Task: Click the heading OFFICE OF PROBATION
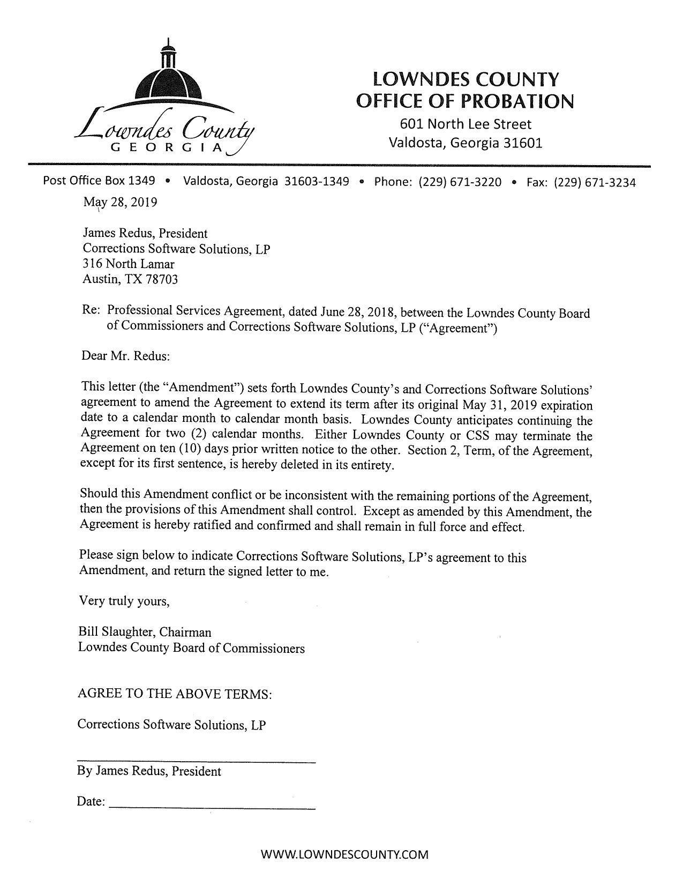(x=465, y=101)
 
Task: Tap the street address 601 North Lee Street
(x=465, y=124)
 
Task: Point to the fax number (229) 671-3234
(x=595, y=182)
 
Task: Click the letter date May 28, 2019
(x=120, y=202)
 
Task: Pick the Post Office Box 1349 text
(x=99, y=181)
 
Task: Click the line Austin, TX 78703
(x=130, y=279)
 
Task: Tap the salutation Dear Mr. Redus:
(x=125, y=356)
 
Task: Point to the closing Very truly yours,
(x=124, y=601)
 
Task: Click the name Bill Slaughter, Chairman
(x=145, y=633)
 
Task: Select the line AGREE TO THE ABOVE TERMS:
(x=175, y=694)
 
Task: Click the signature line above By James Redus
(x=197, y=761)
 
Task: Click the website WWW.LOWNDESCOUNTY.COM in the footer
(x=344, y=854)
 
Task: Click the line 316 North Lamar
(x=129, y=264)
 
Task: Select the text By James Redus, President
(x=149, y=771)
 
